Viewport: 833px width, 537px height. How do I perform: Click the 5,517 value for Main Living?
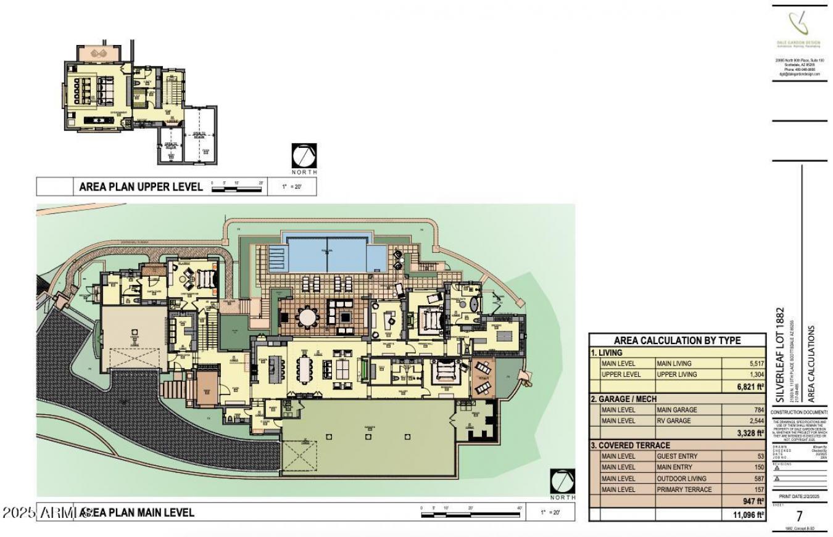click(x=755, y=364)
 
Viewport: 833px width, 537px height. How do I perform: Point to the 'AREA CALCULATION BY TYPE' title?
click(x=677, y=340)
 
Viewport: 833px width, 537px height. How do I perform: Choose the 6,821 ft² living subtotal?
click(x=747, y=387)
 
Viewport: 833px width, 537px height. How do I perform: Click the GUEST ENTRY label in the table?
click(x=677, y=456)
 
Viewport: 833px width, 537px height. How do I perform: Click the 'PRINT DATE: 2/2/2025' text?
click(x=798, y=496)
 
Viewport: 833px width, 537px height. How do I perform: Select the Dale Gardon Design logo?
click(x=797, y=25)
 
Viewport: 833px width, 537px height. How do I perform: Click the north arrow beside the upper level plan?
click(x=304, y=156)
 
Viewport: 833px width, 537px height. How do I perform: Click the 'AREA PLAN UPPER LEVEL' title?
click(x=141, y=187)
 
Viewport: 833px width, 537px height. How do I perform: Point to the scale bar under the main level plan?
click(x=472, y=514)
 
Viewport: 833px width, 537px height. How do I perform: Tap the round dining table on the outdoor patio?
click(x=307, y=319)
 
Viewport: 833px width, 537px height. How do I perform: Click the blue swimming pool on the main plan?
click(x=327, y=255)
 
